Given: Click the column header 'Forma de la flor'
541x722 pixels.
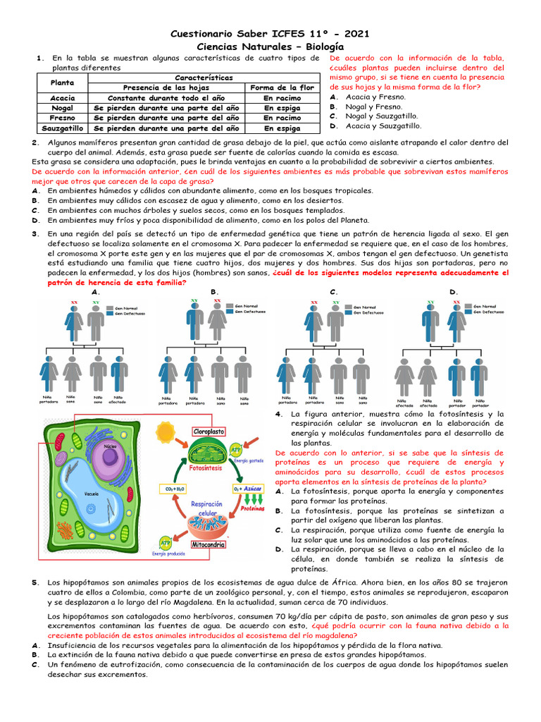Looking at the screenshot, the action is (x=282, y=87).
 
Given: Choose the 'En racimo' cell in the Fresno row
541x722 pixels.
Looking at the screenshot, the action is (x=282, y=118).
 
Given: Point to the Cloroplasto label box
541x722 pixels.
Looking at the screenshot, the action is (x=209, y=431).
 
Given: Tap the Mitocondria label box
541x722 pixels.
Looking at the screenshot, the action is (x=209, y=544).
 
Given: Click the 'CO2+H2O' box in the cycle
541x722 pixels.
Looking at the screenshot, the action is (x=175, y=488).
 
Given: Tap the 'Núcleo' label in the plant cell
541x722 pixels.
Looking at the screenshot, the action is (x=110, y=446).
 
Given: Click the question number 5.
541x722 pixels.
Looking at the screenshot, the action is (x=35, y=582).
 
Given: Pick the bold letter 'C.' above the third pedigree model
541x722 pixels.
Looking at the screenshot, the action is (x=333, y=292).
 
